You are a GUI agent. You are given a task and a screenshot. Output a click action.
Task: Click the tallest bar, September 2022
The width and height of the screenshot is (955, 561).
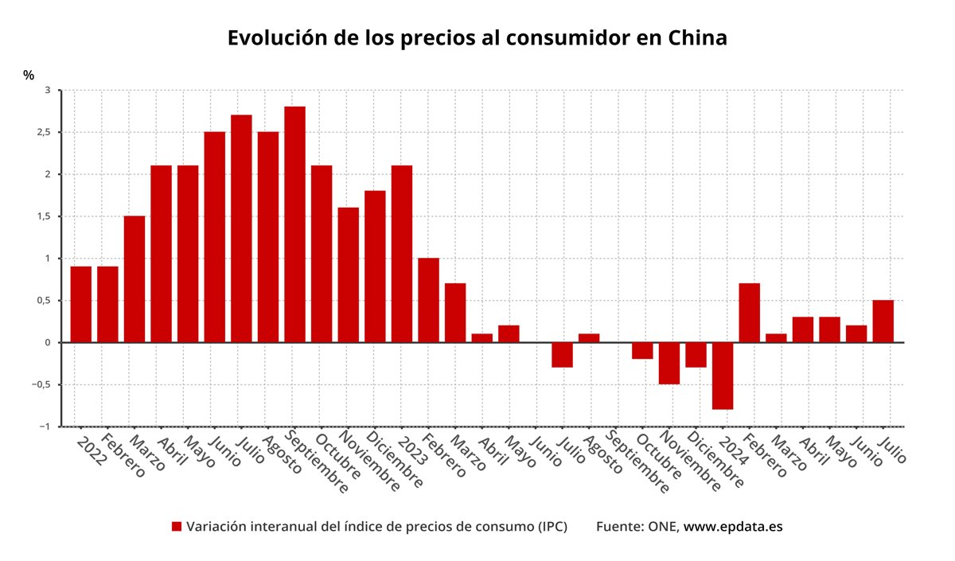pyautogui.click(x=294, y=224)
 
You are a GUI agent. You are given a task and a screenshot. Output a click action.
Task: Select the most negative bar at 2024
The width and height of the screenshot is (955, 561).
pyautogui.click(x=723, y=376)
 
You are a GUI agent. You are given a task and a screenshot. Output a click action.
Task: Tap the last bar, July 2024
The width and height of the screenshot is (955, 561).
pyautogui.click(x=883, y=321)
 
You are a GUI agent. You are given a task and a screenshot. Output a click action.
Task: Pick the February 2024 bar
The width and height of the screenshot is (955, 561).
pyautogui.click(x=749, y=313)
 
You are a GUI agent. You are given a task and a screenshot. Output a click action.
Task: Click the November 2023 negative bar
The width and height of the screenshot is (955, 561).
pyautogui.click(x=669, y=363)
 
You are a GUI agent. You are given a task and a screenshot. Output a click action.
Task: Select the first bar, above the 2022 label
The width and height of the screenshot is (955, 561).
pyautogui.click(x=80, y=305)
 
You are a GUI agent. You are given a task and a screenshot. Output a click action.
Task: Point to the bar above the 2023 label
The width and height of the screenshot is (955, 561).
pyautogui.click(x=402, y=254)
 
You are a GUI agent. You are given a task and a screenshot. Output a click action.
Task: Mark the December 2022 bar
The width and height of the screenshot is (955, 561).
pyautogui.click(x=375, y=267)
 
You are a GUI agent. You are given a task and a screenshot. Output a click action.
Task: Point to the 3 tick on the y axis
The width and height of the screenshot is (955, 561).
pyautogui.click(x=47, y=91)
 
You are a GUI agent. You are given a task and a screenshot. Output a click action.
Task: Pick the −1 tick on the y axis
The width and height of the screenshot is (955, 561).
pyautogui.click(x=44, y=427)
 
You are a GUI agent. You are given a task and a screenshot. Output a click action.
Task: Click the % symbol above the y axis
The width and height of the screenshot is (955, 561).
pyautogui.click(x=29, y=75)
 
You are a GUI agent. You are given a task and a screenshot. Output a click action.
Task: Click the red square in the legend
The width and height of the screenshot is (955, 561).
pyautogui.click(x=177, y=527)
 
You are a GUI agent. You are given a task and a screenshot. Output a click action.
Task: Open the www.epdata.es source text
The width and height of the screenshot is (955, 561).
pyautogui.click(x=733, y=527)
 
